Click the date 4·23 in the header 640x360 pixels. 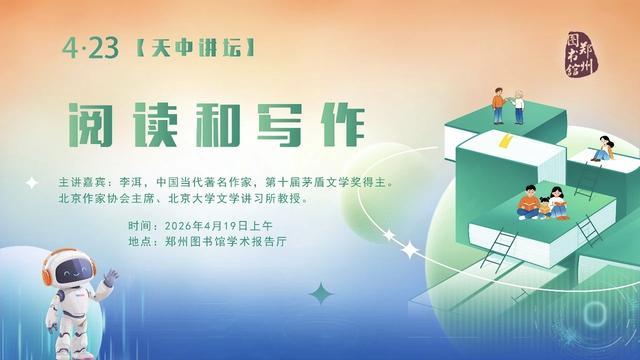point(83,47)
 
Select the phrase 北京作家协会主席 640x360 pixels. point(107,199)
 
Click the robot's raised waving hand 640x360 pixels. point(110,273)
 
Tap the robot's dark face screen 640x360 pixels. point(65,276)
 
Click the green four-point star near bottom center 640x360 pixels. point(321,294)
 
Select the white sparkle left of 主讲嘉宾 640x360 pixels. point(33,183)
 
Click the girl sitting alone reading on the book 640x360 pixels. point(603,151)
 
